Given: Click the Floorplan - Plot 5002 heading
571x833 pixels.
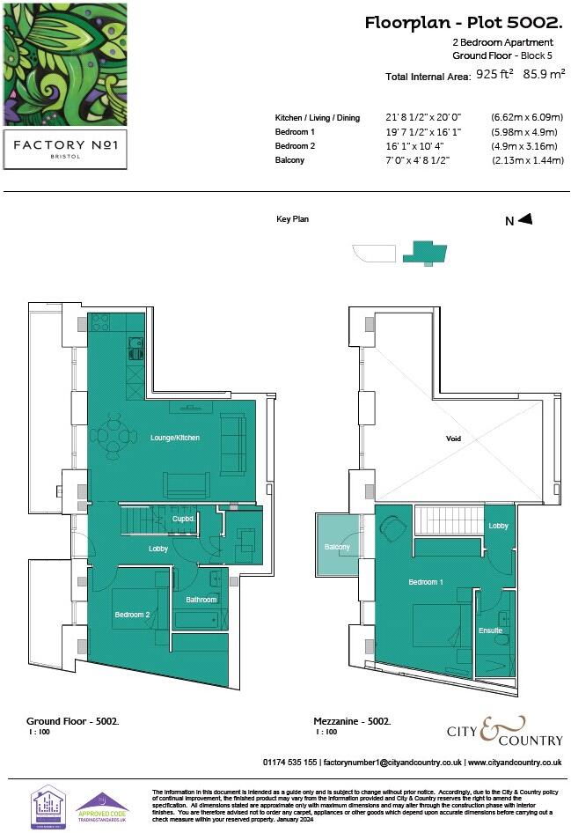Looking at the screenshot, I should (464, 23).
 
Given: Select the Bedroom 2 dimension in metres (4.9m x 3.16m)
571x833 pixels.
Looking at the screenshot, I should (525, 145).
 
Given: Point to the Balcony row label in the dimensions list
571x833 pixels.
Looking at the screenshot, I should (289, 160).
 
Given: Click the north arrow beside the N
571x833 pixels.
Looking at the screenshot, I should (525, 220).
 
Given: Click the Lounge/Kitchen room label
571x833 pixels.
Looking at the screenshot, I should (175, 437).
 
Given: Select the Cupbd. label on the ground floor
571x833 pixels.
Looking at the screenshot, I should (183, 520).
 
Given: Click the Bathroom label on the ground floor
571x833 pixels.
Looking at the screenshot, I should (201, 600).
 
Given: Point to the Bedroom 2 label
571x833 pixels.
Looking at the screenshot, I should (132, 614).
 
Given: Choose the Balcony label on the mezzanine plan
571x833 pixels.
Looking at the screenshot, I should (337, 547).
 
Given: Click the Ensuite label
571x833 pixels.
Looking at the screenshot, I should (491, 630).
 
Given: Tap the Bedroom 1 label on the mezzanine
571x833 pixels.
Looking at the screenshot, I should (425, 583).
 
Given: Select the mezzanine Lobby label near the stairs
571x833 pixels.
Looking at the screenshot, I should (498, 526).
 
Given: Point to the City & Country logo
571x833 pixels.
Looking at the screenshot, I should (500, 731).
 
